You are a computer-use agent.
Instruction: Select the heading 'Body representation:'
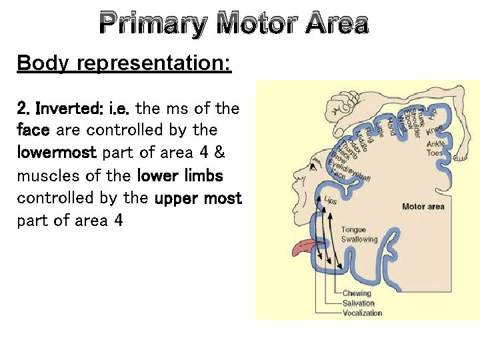[x=124, y=63]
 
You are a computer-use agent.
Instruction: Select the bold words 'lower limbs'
[x=179, y=176]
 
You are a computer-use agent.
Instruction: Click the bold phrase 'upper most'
[x=198, y=199]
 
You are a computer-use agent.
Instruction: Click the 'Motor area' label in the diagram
[x=423, y=207]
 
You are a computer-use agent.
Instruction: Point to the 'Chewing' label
[x=357, y=293]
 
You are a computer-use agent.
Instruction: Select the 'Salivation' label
[x=359, y=303]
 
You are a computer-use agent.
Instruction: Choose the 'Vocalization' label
[x=362, y=313]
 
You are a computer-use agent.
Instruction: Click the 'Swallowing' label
[x=359, y=239]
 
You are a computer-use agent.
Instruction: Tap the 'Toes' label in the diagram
[x=434, y=153]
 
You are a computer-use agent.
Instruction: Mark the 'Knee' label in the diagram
[x=434, y=129]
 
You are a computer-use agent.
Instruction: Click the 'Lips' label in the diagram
[x=331, y=199]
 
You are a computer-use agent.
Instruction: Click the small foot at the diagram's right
[x=458, y=157]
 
